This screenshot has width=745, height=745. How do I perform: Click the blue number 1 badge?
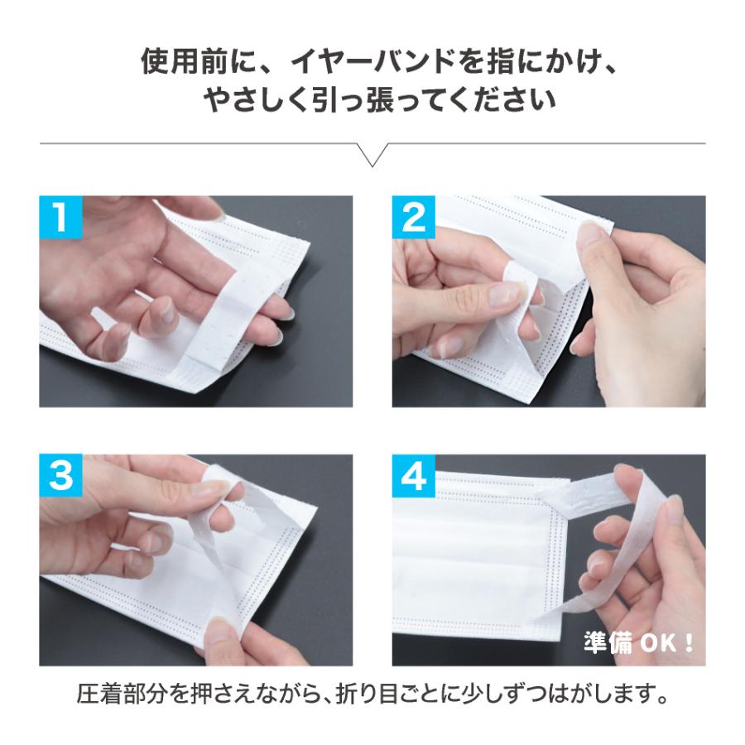point(60,217)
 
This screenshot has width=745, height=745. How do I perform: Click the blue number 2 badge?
point(413,217)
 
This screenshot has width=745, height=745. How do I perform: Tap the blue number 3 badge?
point(60,476)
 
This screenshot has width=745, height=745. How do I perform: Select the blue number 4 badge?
point(413,476)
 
